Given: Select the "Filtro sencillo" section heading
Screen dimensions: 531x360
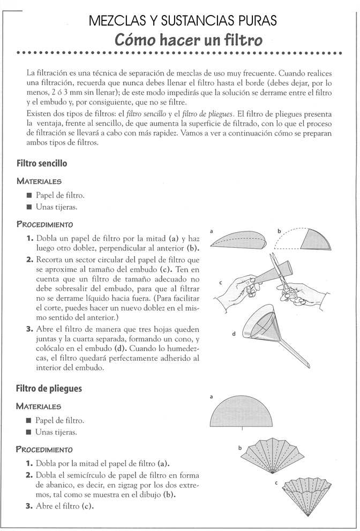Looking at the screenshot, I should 42,163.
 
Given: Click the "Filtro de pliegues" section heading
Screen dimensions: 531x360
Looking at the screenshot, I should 49,388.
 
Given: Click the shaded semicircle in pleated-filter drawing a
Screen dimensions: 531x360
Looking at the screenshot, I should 242,411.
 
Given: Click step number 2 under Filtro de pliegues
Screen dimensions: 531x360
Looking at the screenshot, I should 29,475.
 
